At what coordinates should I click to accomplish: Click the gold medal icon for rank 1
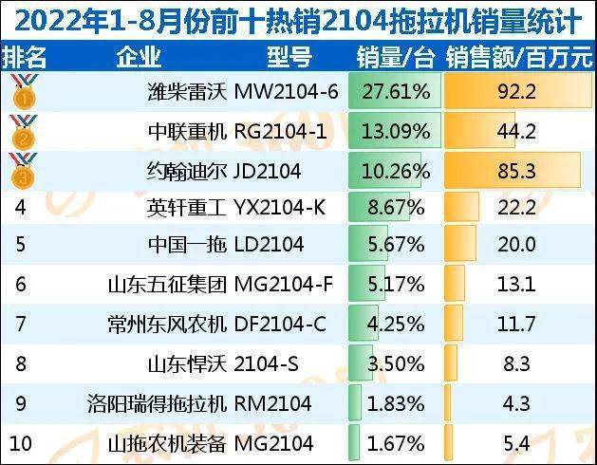(22, 93)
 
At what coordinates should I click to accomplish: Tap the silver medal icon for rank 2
(22, 132)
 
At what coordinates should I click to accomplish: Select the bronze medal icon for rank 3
(22, 172)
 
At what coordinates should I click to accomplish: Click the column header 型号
(289, 57)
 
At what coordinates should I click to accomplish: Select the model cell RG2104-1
(280, 132)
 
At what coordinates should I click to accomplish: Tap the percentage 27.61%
(396, 93)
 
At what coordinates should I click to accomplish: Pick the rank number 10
(20, 441)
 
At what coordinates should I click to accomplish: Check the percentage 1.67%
(396, 441)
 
